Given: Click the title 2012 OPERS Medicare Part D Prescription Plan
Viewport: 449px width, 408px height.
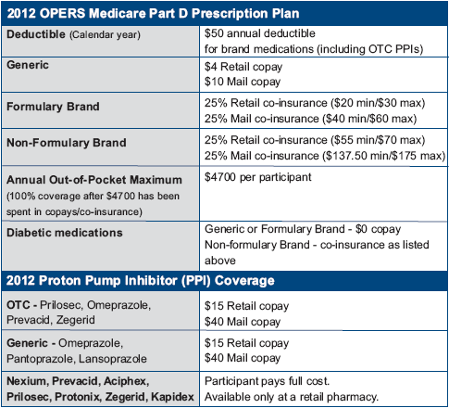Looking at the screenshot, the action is point(153,14).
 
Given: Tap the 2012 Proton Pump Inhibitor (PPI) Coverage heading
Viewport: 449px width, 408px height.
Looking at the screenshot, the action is point(141,281).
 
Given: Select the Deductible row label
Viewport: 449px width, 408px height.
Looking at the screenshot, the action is point(36,34).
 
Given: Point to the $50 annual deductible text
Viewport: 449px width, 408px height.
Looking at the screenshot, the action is point(260,33).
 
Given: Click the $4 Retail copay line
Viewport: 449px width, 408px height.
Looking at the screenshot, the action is point(243,67).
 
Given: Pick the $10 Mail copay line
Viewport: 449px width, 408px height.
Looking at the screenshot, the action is point(243,82).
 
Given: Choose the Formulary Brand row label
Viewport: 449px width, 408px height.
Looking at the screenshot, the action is point(53,107).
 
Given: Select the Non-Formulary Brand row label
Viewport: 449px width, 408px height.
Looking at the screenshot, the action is point(67,143).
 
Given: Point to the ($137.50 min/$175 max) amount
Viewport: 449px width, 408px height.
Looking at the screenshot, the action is point(384,156).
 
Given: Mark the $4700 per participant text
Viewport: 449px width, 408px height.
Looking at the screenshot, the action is point(258,177).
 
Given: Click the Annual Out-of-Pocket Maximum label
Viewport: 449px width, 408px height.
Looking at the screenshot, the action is point(94,180).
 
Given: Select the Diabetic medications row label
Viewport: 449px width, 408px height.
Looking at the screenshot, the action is point(65,233).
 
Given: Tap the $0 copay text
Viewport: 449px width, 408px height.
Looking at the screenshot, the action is point(378,229).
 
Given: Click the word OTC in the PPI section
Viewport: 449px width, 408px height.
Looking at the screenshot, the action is point(19,305).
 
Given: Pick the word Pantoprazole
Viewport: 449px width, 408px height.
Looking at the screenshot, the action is point(40,359).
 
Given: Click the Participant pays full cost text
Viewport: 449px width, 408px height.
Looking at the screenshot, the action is point(267,381).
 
